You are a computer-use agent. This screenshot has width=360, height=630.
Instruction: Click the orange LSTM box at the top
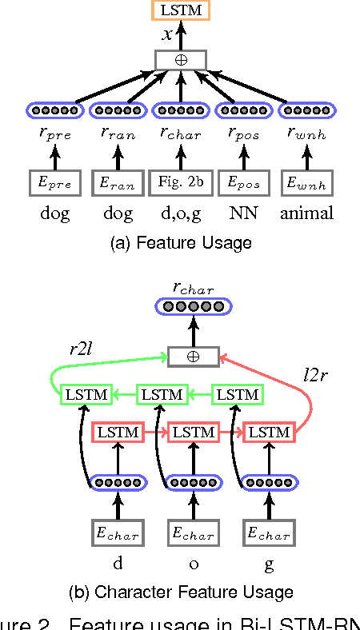pyautogui.click(x=182, y=10)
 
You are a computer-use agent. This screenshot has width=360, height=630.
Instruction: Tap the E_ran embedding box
pyautogui.click(x=118, y=183)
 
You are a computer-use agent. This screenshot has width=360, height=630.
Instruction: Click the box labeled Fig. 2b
pyautogui.click(x=182, y=183)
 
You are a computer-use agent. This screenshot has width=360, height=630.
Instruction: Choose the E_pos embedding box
pyautogui.click(x=244, y=183)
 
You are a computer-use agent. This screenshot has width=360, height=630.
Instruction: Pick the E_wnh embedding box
pyautogui.click(x=307, y=183)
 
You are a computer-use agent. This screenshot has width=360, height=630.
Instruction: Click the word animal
pyautogui.click(x=307, y=213)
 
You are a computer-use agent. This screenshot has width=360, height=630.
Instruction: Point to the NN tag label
pyautogui.click(x=244, y=213)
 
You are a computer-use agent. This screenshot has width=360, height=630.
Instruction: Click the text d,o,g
pyautogui.click(x=182, y=213)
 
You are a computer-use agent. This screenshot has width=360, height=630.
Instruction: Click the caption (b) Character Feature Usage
pyautogui.click(x=181, y=592)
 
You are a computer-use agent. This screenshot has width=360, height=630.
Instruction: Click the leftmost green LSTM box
pyautogui.click(x=86, y=394)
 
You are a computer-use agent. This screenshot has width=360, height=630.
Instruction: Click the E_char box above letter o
pyautogui.click(x=193, y=533)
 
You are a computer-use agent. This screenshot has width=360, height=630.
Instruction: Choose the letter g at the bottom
pyautogui.click(x=270, y=563)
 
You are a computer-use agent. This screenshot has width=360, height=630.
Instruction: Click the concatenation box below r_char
pyautogui.click(x=193, y=356)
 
